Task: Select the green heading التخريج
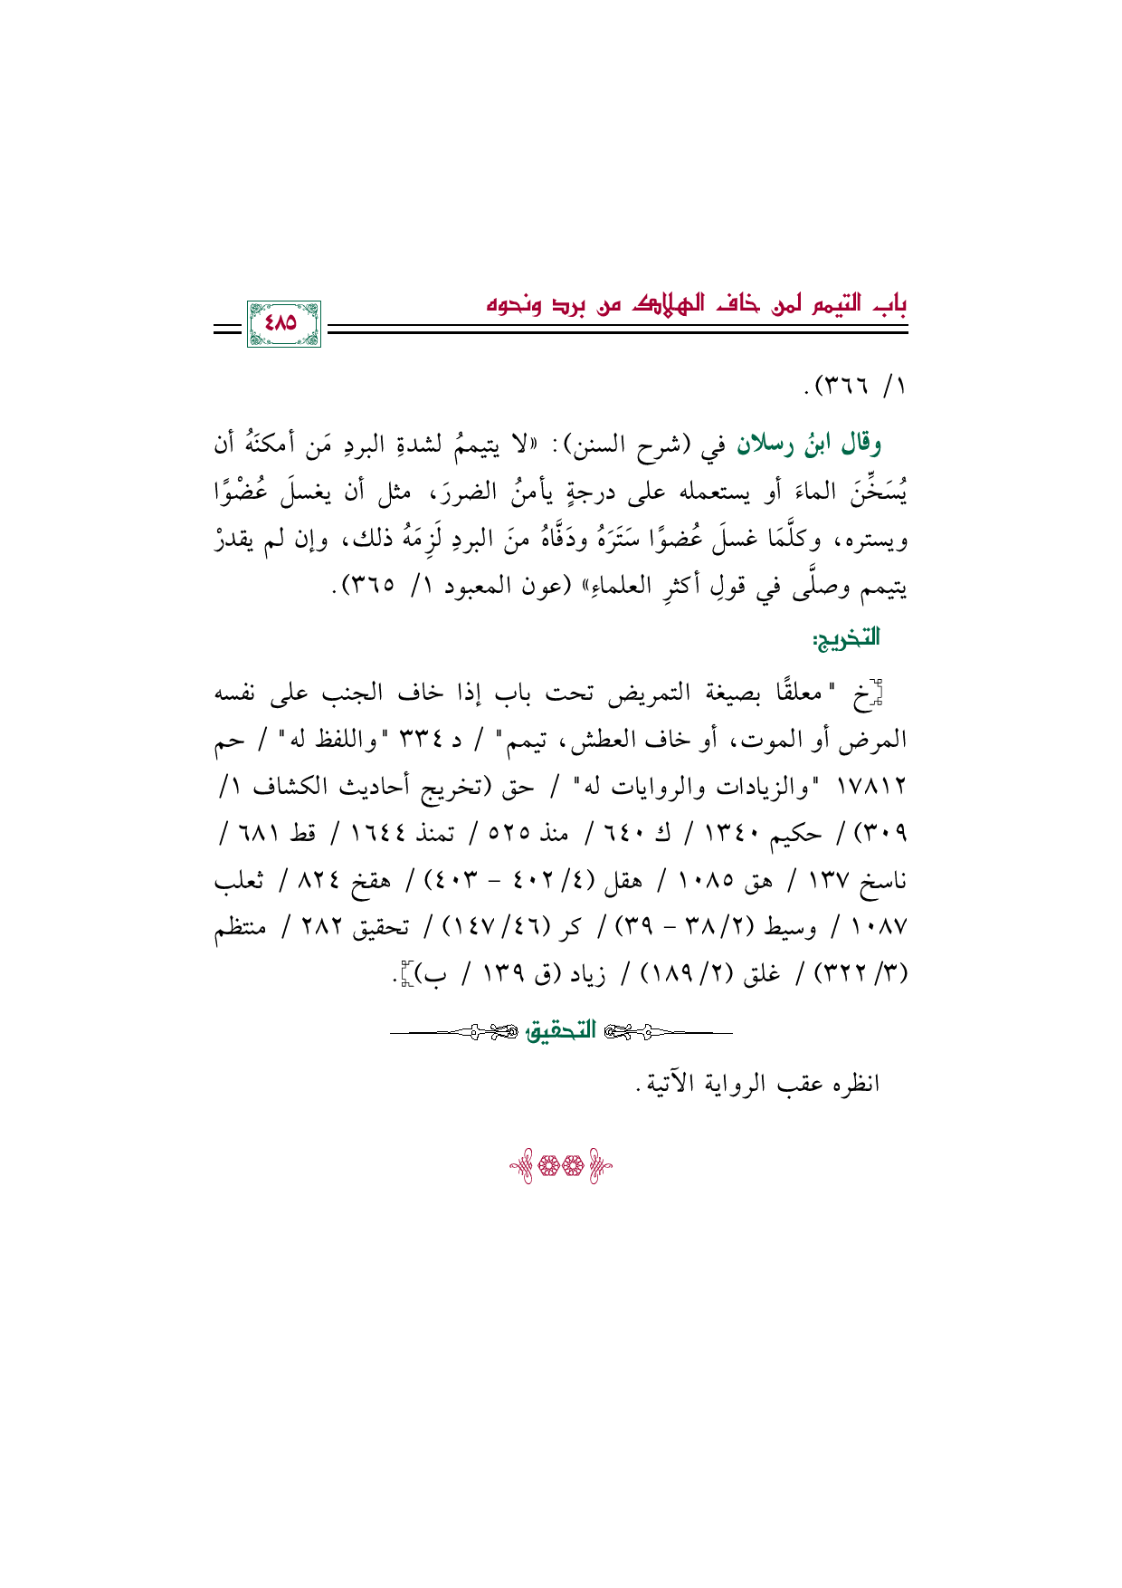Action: point(846,640)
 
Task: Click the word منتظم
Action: point(243,928)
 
